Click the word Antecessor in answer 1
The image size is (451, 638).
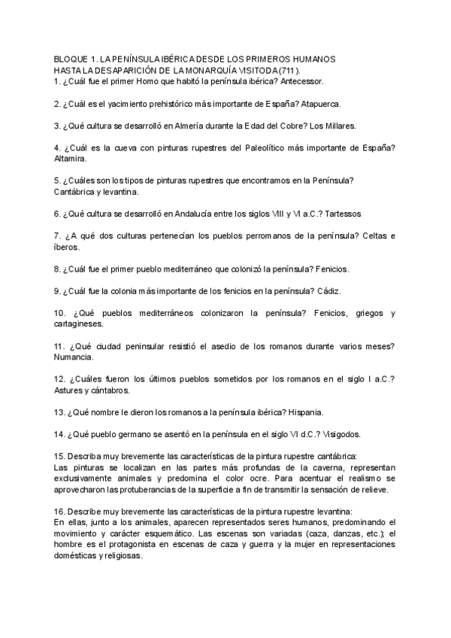[x=321, y=81]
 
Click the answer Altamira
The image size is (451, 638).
[x=71, y=159]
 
